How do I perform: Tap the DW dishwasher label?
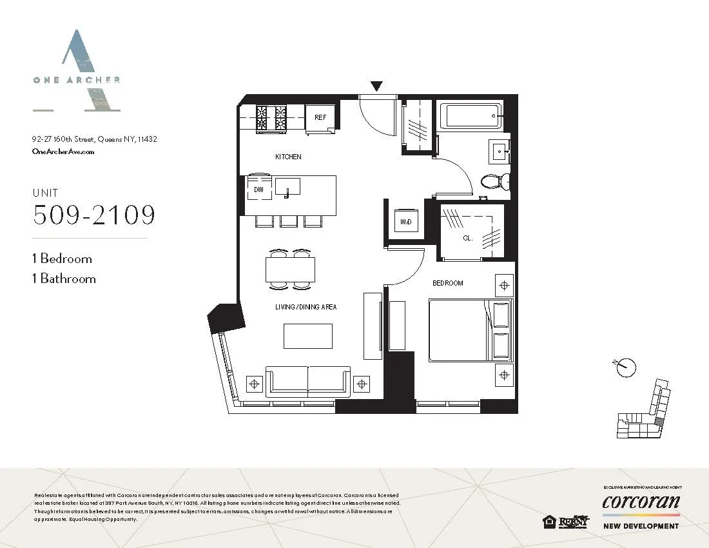coord(258,190)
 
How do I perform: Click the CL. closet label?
coord(468,238)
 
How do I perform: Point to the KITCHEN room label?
coord(288,157)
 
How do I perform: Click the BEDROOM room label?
coord(447,283)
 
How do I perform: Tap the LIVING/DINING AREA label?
coord(306,307)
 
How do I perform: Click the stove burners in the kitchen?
coord(271,119)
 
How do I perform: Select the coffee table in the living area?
coord(308,336)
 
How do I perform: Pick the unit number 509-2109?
coord(94,215)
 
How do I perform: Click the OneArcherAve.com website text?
coord(63,152)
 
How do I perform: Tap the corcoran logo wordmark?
coord(641,502)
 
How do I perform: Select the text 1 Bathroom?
coord(64,279)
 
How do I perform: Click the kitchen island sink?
coord(287,187)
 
